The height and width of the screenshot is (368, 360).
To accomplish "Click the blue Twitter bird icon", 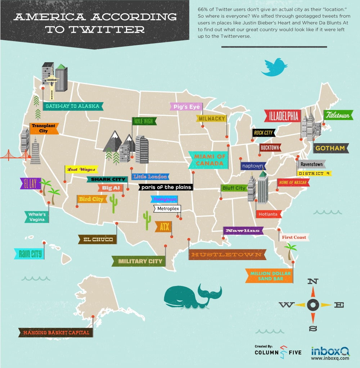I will click(x=274, y=67).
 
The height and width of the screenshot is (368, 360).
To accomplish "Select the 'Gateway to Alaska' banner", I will click(x=72, y=106).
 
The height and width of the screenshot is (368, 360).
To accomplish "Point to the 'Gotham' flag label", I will click(x=330, y=148).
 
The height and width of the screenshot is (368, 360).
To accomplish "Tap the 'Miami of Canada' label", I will click(x=209, y=160).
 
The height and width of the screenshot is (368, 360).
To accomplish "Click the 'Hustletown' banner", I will click(x=227, y=255).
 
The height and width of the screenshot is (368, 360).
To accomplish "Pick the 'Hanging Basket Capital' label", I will click(x=56, y=333).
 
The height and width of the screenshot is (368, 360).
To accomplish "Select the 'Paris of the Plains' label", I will click(x=166, y=187).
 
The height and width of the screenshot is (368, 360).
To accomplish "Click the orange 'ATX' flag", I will click(x=164, y=227).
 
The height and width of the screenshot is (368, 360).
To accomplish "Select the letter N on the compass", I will click(x=312, y=282).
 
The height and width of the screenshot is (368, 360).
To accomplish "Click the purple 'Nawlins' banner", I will click(x=243, y=231).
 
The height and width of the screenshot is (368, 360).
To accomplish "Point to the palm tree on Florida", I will click(x=290, y=250).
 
